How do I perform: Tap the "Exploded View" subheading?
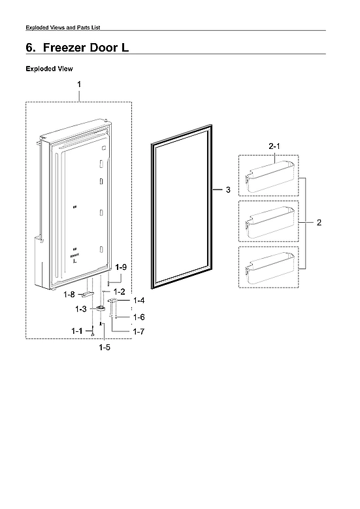tap(49, 69)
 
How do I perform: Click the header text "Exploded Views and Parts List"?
tap(62, 27)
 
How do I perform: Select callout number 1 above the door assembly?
tap(79, 85)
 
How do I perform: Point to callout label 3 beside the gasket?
tap(227, 190)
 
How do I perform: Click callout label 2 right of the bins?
tap(319, 223)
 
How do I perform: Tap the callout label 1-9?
tap(120, 267)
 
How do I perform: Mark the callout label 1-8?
tap(70, 295)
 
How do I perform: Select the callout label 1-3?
tap(81, 308)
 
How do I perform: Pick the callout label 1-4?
tap(139, 301)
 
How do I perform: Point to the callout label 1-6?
tap(139, 317)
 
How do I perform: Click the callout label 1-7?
tap(139, 333)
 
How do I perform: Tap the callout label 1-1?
tap(77, 332)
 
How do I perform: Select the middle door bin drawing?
tap(267, 223)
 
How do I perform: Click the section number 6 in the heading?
tap(29, 48)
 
